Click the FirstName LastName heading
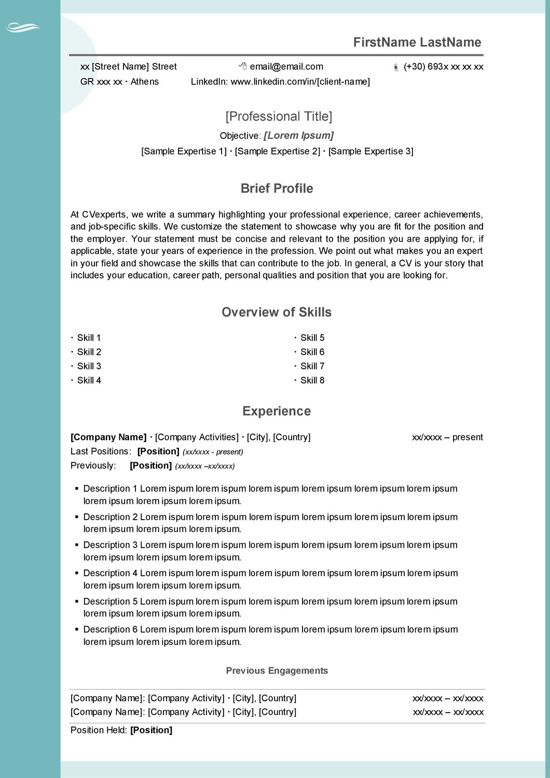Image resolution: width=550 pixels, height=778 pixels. [417, 43]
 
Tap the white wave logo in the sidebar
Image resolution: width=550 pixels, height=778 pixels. [23, 27]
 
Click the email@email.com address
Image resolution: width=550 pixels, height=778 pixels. [286, 66]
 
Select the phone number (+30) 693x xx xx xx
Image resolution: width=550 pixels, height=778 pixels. [443, 66]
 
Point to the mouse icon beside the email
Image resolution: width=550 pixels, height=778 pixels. [243, 66]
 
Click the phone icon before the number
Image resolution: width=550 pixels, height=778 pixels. [396, 67]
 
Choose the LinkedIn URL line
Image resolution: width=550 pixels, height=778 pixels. [280, 81]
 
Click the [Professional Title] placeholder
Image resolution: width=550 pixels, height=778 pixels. [279, 116]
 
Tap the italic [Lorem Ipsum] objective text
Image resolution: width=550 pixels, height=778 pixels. [298, 135]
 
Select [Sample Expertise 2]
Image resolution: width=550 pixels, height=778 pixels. [277, 151]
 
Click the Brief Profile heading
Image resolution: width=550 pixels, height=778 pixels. [277, 188]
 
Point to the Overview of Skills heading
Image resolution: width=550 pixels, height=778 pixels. [277, 312]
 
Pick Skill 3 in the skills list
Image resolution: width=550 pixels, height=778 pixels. [89, 366]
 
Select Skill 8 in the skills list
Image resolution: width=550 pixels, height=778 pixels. [312, 380]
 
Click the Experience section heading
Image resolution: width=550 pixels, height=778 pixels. [277, 411]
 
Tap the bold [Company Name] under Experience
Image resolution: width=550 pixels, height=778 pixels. [108, 437]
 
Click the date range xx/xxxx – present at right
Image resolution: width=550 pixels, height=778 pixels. [447, 437]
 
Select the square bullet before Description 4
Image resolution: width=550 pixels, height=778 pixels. [77, 573]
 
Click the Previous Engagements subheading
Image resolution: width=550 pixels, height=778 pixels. [277, 671]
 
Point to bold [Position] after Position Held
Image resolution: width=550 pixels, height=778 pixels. [151, 730]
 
